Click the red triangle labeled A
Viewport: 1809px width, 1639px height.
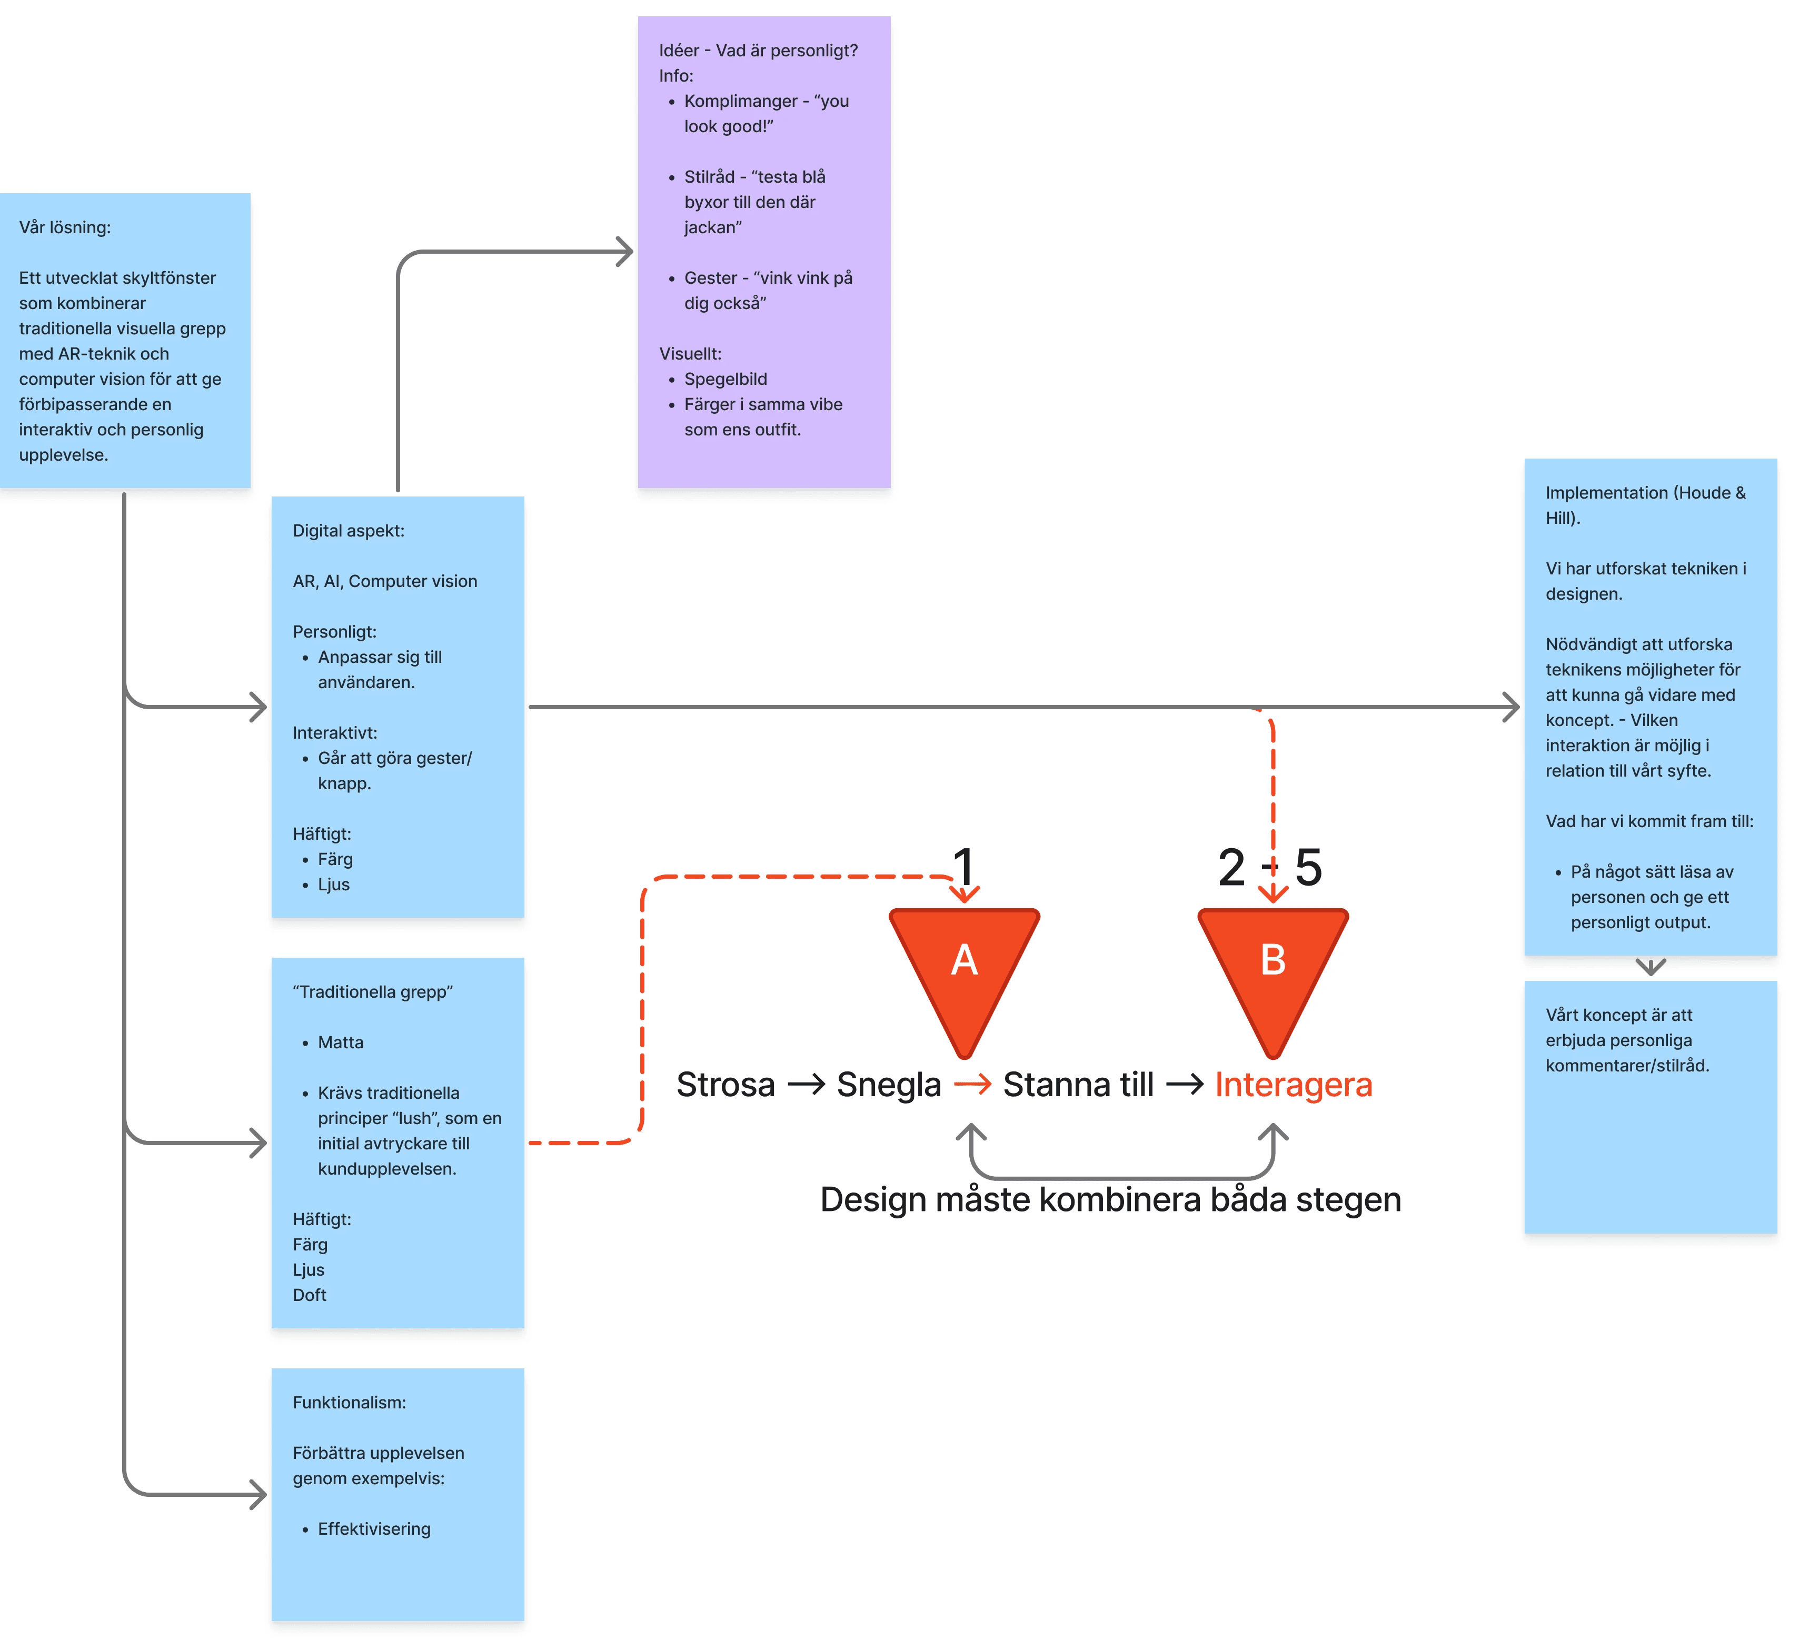tap(963, 969)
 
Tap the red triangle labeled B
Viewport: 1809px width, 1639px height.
tap(1273, 969)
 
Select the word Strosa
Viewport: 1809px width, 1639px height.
tap(725, 1084)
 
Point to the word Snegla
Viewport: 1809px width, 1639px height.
tap(888, 1084)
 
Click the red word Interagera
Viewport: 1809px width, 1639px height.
tap(1293, 1084)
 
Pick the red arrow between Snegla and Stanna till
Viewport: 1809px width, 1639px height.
tap(972, 1084)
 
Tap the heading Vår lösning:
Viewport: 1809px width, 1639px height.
tap(65, 227)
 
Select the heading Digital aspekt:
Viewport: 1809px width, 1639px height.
tap(348, 531)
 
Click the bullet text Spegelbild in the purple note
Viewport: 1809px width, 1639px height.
tap(725, 379)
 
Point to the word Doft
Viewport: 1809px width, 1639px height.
tap(310, 1294)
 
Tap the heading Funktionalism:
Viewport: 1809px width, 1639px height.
tap(349, 1402)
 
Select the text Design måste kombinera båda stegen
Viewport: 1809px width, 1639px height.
tap(1110, 1199)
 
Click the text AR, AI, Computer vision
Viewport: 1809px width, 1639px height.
tap(385, 581)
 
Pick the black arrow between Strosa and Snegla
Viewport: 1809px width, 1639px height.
tap(806, 1084)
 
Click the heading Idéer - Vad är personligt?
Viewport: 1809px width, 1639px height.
tap(758, 50)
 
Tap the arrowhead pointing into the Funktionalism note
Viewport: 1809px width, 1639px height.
tap(260, 1495)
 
